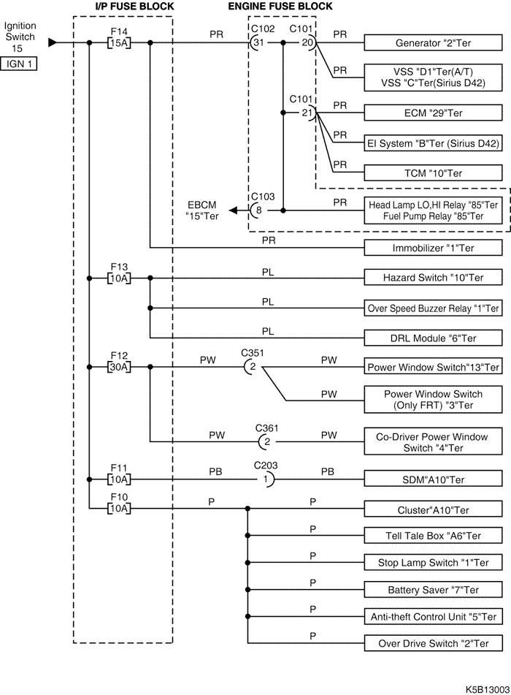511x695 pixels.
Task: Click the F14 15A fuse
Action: point(119,42)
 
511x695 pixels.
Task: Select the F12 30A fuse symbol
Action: point(119,367)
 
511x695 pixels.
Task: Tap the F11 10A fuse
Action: point(119,479)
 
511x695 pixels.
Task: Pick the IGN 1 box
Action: point(20,64)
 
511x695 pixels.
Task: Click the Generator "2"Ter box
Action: point(433,42)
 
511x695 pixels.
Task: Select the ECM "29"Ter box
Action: point(433,113)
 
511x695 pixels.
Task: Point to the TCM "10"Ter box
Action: point(433,173)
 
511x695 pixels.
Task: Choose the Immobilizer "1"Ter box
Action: point(433,248)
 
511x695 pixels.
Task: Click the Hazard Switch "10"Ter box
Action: point(433,278)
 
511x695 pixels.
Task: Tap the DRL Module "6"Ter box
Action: point(433,338)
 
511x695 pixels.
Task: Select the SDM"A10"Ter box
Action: point(433,479)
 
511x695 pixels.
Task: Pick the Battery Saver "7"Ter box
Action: point(433,589)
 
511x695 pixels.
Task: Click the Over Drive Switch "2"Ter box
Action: point(433,643)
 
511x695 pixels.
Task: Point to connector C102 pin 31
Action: point(256,42)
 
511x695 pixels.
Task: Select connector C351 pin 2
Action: point(250,367)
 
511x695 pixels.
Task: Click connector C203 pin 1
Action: point(266,479)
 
